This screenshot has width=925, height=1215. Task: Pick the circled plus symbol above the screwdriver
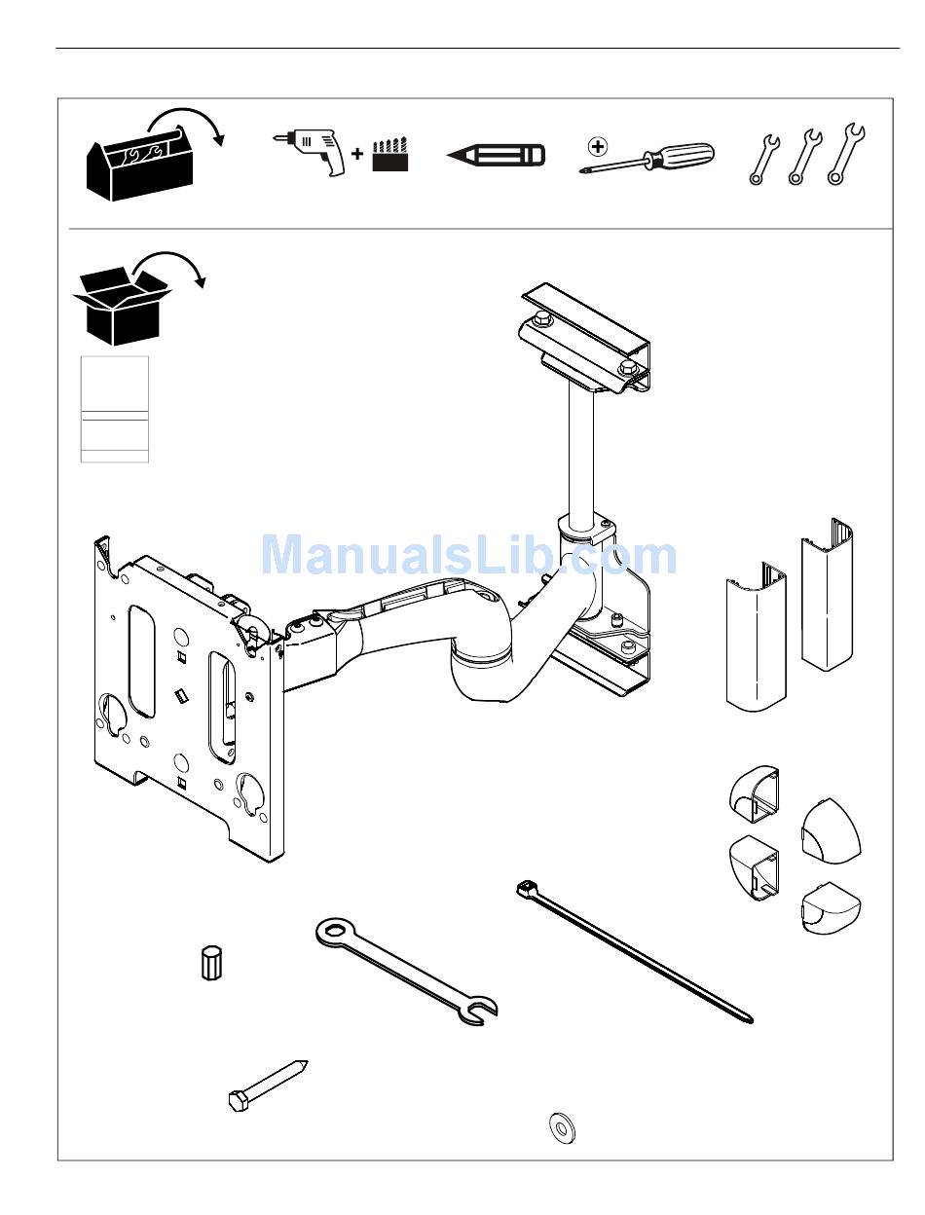coord(598,147)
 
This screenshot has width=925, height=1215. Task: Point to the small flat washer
coord(562,1127)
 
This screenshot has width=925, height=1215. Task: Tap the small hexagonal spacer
coord(210,963)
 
